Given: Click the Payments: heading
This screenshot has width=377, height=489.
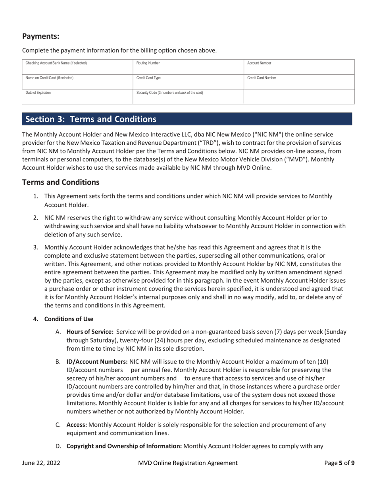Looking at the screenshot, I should pyautogui.click(x=40, y=37).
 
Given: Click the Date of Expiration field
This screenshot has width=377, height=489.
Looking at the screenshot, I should pyautogui.click(x=77, y=97).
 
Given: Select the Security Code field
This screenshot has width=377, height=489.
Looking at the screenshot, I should pyautogui.click(x=188, y=97).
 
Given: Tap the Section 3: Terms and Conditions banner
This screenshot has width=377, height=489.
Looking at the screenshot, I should pyautogui.click(x=187, y=119).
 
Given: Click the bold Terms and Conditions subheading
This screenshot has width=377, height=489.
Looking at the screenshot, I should pyautogui.click(x=60, y=182).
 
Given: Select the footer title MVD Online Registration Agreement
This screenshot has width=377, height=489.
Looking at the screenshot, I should pyautogui.click(x=188, y=463).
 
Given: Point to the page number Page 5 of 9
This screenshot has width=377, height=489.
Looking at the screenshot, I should pyautogui.click(x=339, y=463).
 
